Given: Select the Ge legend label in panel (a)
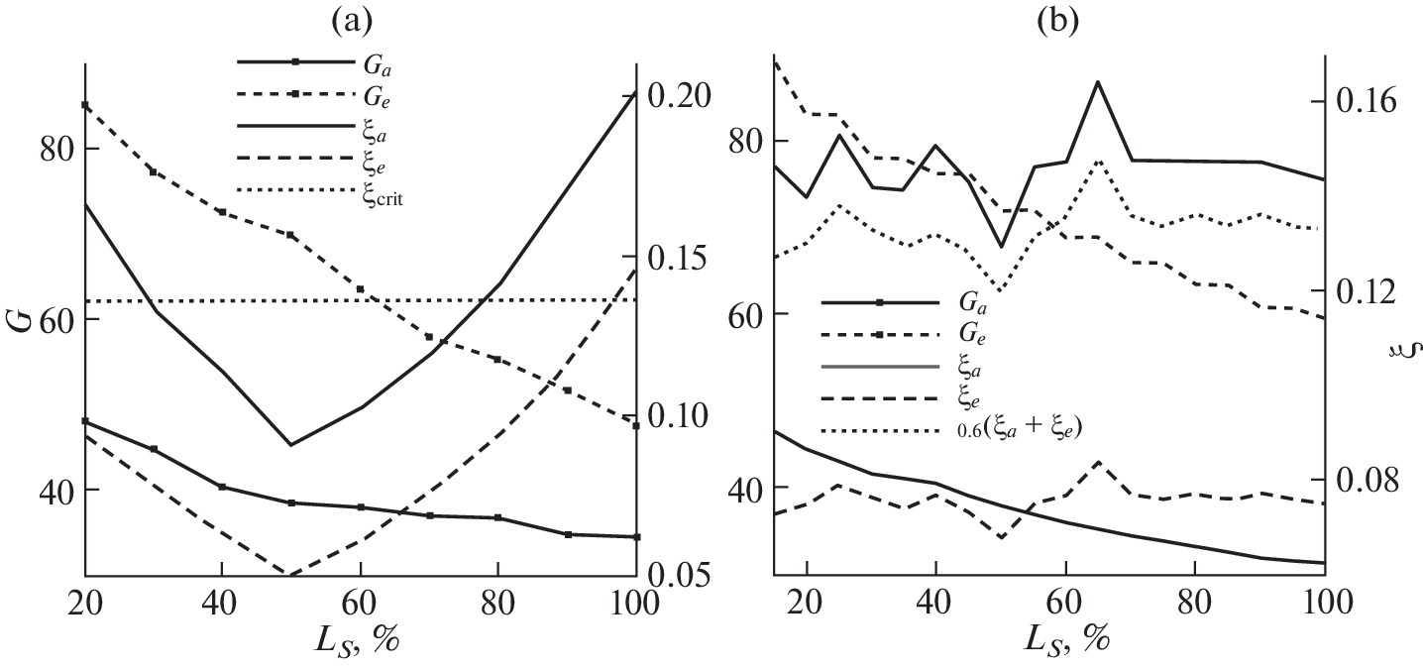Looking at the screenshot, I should [380, 96].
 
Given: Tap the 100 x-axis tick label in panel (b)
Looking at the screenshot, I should [1324, 605].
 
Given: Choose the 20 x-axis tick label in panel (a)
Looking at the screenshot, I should [86, 605].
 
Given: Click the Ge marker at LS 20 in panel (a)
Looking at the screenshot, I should [86, 105].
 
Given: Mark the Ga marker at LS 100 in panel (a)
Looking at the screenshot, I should [635, 537].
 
